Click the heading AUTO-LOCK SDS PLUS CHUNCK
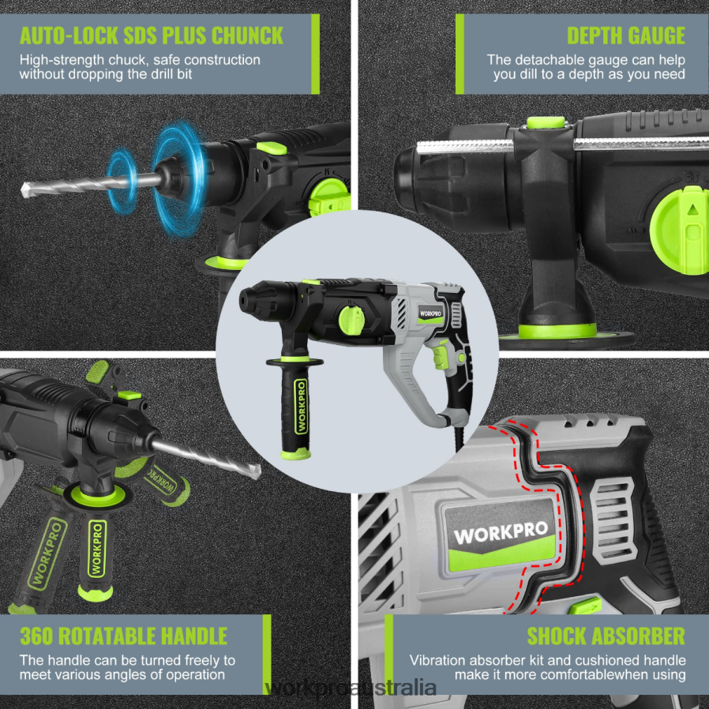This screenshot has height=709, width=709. pos(152,36)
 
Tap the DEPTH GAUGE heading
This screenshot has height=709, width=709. pos(625,36)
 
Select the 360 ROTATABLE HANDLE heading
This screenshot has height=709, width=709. pos(123,636)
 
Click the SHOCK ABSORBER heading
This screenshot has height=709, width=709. pos(606,636)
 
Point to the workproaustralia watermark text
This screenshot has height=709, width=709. pos(352,688)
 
